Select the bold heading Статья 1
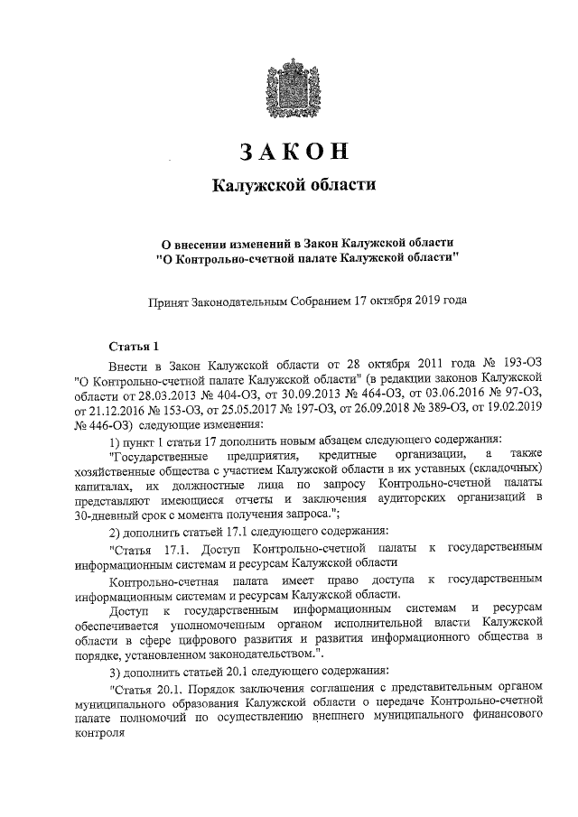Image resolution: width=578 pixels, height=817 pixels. (133, 347)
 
